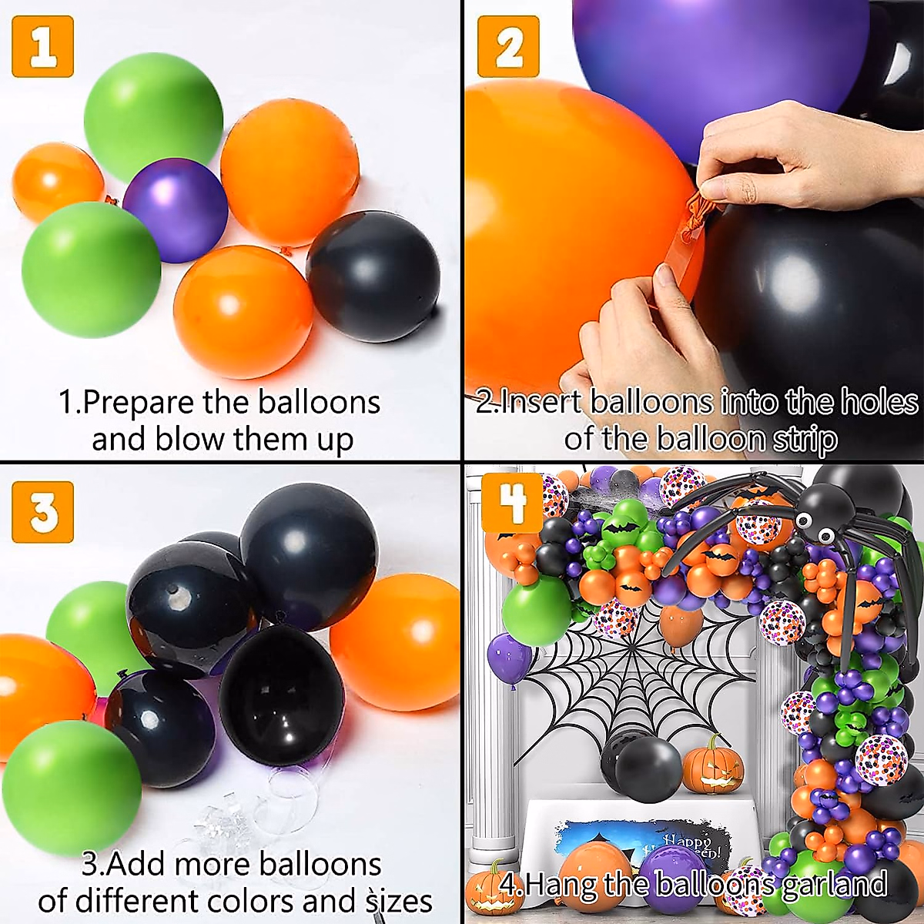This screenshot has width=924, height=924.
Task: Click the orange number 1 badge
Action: (x=43, y=47)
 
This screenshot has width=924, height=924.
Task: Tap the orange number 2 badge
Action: (x=508, y=47)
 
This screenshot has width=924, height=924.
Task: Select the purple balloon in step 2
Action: (x=716, y=54)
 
